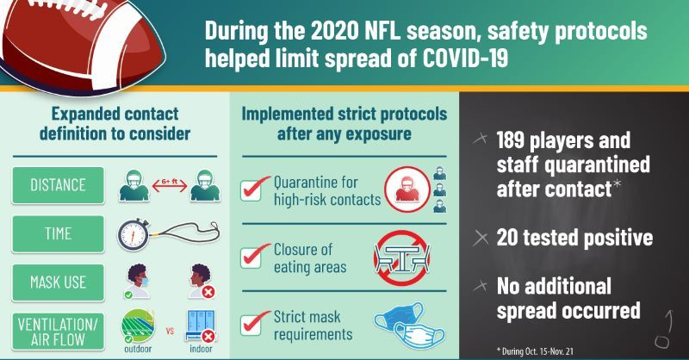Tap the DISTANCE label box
[x=58, y=185]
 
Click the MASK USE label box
[x=58, y=281]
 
